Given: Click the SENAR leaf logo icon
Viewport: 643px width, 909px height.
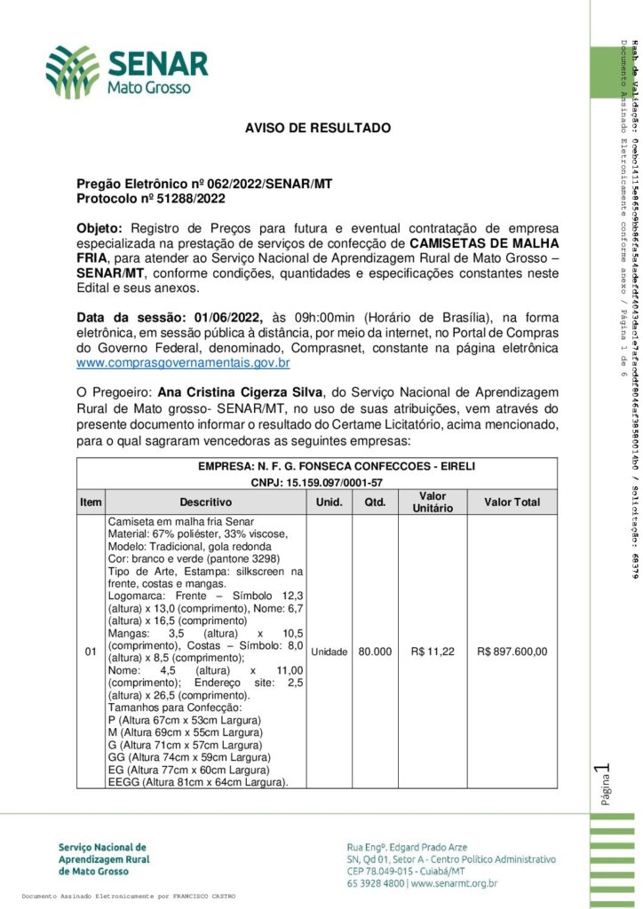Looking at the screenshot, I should [73, 72].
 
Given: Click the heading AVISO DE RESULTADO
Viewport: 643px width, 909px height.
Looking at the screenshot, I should [318, 128].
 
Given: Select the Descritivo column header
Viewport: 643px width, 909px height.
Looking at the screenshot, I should [205, 502].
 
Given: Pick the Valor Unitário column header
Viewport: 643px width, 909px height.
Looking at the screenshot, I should [433, 502].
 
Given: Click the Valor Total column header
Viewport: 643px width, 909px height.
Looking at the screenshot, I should [512, 502].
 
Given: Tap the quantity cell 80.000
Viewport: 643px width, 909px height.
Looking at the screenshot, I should [376, 652].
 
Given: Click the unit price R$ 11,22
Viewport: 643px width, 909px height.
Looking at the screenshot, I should [433, 652].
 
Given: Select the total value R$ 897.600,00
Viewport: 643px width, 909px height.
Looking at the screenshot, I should [512, 652].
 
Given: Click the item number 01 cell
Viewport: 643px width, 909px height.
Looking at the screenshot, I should [90, 652].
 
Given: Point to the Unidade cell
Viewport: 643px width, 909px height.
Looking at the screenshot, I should [329, 652].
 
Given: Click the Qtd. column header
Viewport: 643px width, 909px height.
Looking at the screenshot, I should [376, 502].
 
